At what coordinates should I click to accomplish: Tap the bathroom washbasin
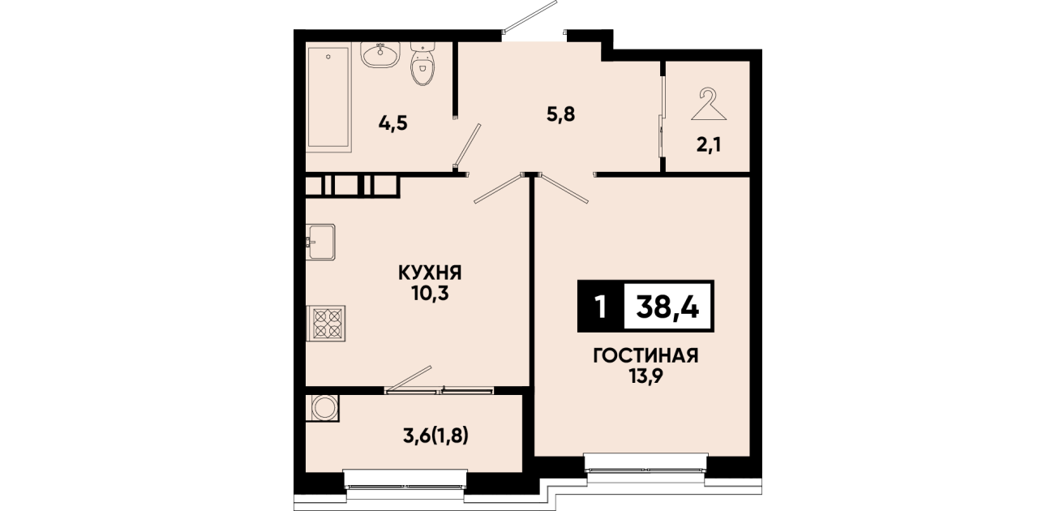[x=380, y=55]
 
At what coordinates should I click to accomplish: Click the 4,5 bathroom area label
[x=392, y=124]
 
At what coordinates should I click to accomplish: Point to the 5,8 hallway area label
[x=561, y=114]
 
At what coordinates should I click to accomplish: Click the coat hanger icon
[x=709, y=105]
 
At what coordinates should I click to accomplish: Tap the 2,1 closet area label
[x=709, y=145]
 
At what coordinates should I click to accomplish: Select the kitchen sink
[x=320, y=242]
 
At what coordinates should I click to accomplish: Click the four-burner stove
[x=325, y=323]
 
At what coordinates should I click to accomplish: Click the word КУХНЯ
[x=430, y=273]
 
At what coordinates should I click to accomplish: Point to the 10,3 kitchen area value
[x=430, y=294]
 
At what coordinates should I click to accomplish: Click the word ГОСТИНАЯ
[x=645, y=356]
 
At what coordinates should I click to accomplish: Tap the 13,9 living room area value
[x=645, y=377]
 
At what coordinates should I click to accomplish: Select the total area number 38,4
[x=667, y=307]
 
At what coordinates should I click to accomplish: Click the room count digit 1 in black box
[x=600, y=307]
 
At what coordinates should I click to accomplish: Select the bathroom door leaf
[x=467, y=145]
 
